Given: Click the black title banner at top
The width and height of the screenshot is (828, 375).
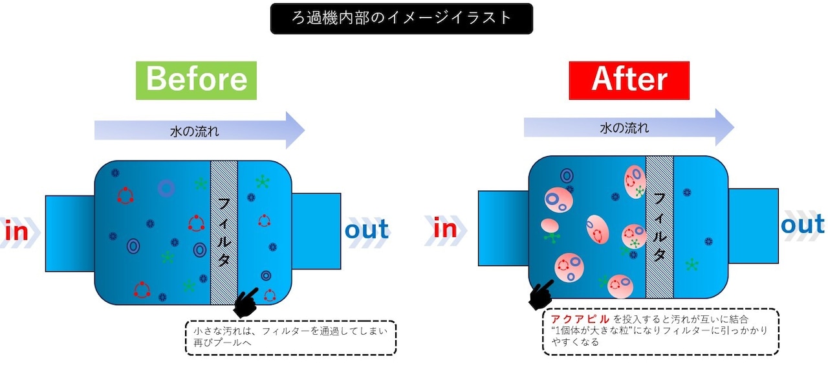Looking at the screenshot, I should coord(401,18).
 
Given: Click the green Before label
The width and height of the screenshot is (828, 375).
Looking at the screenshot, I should coord(196,80).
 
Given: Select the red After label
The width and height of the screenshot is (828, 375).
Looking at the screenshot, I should coord(629,80).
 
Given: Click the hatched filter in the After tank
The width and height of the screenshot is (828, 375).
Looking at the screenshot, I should coord(659,227).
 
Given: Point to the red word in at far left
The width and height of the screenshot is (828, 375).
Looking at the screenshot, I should coord(16,231).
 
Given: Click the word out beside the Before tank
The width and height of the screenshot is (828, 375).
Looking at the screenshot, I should coord(366,229).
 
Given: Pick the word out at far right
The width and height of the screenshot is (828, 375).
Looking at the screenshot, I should coord(803,225).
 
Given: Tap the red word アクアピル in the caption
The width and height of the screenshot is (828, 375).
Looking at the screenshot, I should coord(580,319).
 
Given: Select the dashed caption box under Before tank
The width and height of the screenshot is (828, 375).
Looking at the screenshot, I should coord(290,337).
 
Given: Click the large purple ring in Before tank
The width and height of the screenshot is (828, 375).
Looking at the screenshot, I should coord(166,188).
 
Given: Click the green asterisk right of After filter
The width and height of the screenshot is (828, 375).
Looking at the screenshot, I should coord(692,264).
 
